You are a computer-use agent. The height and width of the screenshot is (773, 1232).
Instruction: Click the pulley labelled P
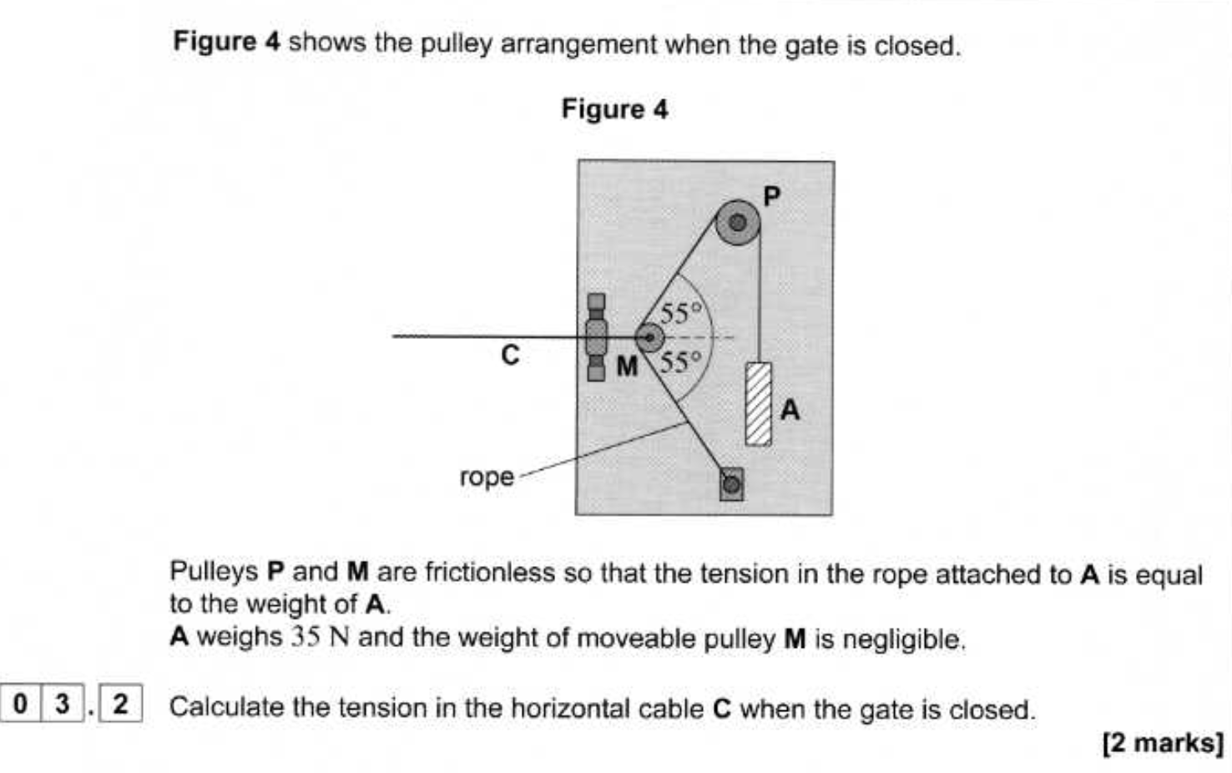pos(738,223)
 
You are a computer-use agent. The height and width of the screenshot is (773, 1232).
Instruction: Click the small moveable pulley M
pos(649,338)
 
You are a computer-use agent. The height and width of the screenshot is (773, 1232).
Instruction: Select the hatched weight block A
pos(758,404)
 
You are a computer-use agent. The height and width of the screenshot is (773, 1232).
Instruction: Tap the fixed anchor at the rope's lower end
pos(731,484)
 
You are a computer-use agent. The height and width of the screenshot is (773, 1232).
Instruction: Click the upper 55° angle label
pos(681,314)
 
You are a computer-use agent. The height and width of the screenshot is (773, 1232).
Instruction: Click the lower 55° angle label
pos(681,362)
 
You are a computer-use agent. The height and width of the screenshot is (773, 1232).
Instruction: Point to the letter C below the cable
pos(510,356)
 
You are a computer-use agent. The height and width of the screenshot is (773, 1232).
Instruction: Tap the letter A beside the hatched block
pos(790,410)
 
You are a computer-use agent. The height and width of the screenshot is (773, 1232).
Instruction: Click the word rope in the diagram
pos(487,477)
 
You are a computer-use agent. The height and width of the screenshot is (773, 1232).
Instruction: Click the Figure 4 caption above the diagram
pos(614,109)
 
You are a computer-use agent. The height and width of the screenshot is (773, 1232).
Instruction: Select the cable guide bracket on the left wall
pos(596,337)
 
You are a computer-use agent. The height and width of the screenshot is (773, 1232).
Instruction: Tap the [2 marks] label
pos(1163,742)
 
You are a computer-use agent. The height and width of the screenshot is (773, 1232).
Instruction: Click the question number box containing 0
pos(21,704)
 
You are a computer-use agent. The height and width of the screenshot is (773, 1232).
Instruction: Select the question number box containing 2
pos(120,704)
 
